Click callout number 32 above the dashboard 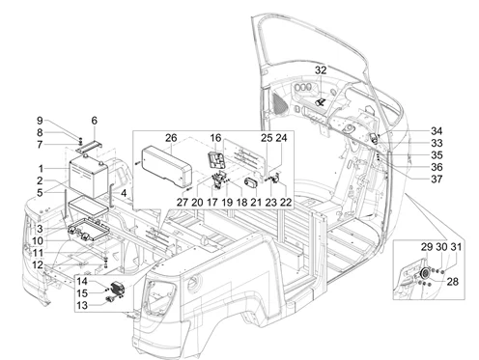tap(321, 70)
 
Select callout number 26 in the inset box tap(171, 138)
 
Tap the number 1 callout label tap(41, 169)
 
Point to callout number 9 tap(40, 121)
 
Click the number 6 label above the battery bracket tap(94, 121)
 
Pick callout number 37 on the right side tap(437, 179)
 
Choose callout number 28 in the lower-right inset tap(453, 282)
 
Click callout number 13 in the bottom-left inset tap(82, 305)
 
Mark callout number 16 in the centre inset tap(215, 138)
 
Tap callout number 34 tap(437, 131)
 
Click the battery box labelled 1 tap(89, 177)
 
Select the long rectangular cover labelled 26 tap(167, 167)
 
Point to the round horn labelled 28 tap(425, 273)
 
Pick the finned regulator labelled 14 tap(118, 288)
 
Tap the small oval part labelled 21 tap(251, 183)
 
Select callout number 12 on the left tap(38, 265)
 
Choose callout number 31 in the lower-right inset tap(456, 247)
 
